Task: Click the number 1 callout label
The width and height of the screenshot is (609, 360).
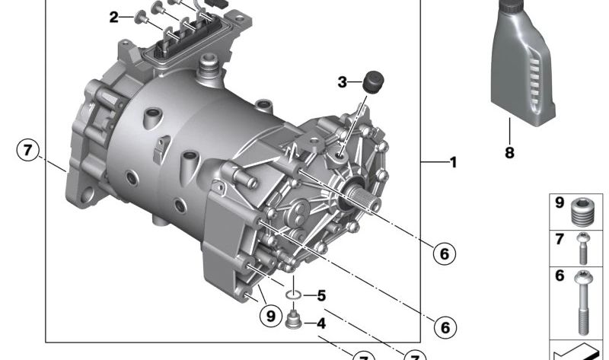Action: (x=453, y=162)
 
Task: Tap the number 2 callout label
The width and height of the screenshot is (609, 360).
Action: (x=113, y=17)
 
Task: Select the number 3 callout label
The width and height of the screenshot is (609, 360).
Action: (x=342, y=82)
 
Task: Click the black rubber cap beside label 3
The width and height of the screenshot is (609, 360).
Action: (x=373, y=81)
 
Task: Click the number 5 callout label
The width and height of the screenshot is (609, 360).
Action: (x=321, y=295)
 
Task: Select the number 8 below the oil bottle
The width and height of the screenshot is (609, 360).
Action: (x=509, y=153)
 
